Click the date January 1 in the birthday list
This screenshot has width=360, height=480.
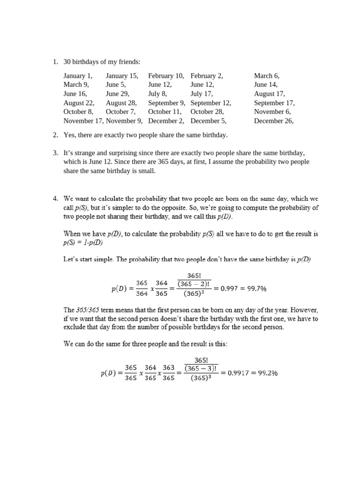coord(78,75)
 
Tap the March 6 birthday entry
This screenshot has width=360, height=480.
coord(267,75)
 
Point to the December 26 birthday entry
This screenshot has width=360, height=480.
coord(274,121)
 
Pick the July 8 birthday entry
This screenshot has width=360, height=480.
coord(157,94)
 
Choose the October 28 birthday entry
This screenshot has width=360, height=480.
coord(207,112)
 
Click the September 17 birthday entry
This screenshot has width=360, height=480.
coord(274,103)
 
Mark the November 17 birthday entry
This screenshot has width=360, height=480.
coord(83,121)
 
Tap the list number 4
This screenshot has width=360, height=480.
coord(55,199)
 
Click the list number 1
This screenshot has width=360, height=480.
coord(55,62)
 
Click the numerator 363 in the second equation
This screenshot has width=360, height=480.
coord(168,368)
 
